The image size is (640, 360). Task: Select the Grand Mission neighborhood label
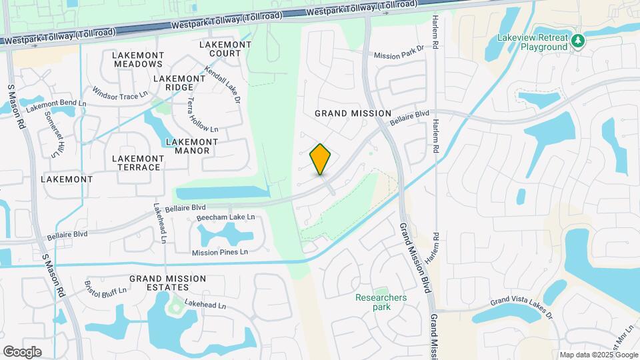click(x=353, y=113)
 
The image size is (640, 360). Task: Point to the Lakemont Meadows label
click(x=137, y=59)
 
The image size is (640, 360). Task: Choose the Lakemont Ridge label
click(x=179, y=83)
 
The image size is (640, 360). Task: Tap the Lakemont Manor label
click(x=191, y=146)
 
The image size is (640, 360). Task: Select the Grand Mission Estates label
click(x=159, y=283)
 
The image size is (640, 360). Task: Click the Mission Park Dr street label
click(x=399, y=56)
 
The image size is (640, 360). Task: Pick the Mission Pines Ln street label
click(x=220, y=252)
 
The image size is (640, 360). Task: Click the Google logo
click(x=22, y=351)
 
